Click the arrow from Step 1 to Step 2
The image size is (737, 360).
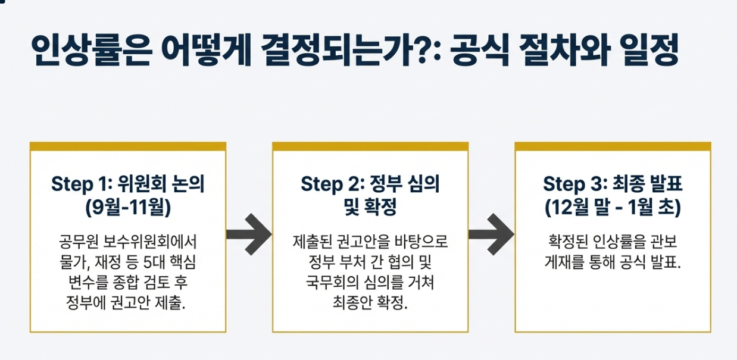tap(249, 234)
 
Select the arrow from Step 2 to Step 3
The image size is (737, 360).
tap(491, 234)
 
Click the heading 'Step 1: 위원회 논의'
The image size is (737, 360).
tap(128, 184)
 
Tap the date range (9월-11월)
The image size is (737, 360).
tap(128, 208)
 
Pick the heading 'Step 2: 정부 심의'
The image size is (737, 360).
tap(370, 184)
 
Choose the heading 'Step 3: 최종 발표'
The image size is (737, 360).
tap(613, 184)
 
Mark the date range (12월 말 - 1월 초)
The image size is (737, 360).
tap(613, 208)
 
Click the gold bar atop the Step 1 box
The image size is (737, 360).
tap(128, 146)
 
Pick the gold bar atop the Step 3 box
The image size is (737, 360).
tap(613, 146)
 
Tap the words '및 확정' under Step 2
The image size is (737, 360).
tap(370, 208)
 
